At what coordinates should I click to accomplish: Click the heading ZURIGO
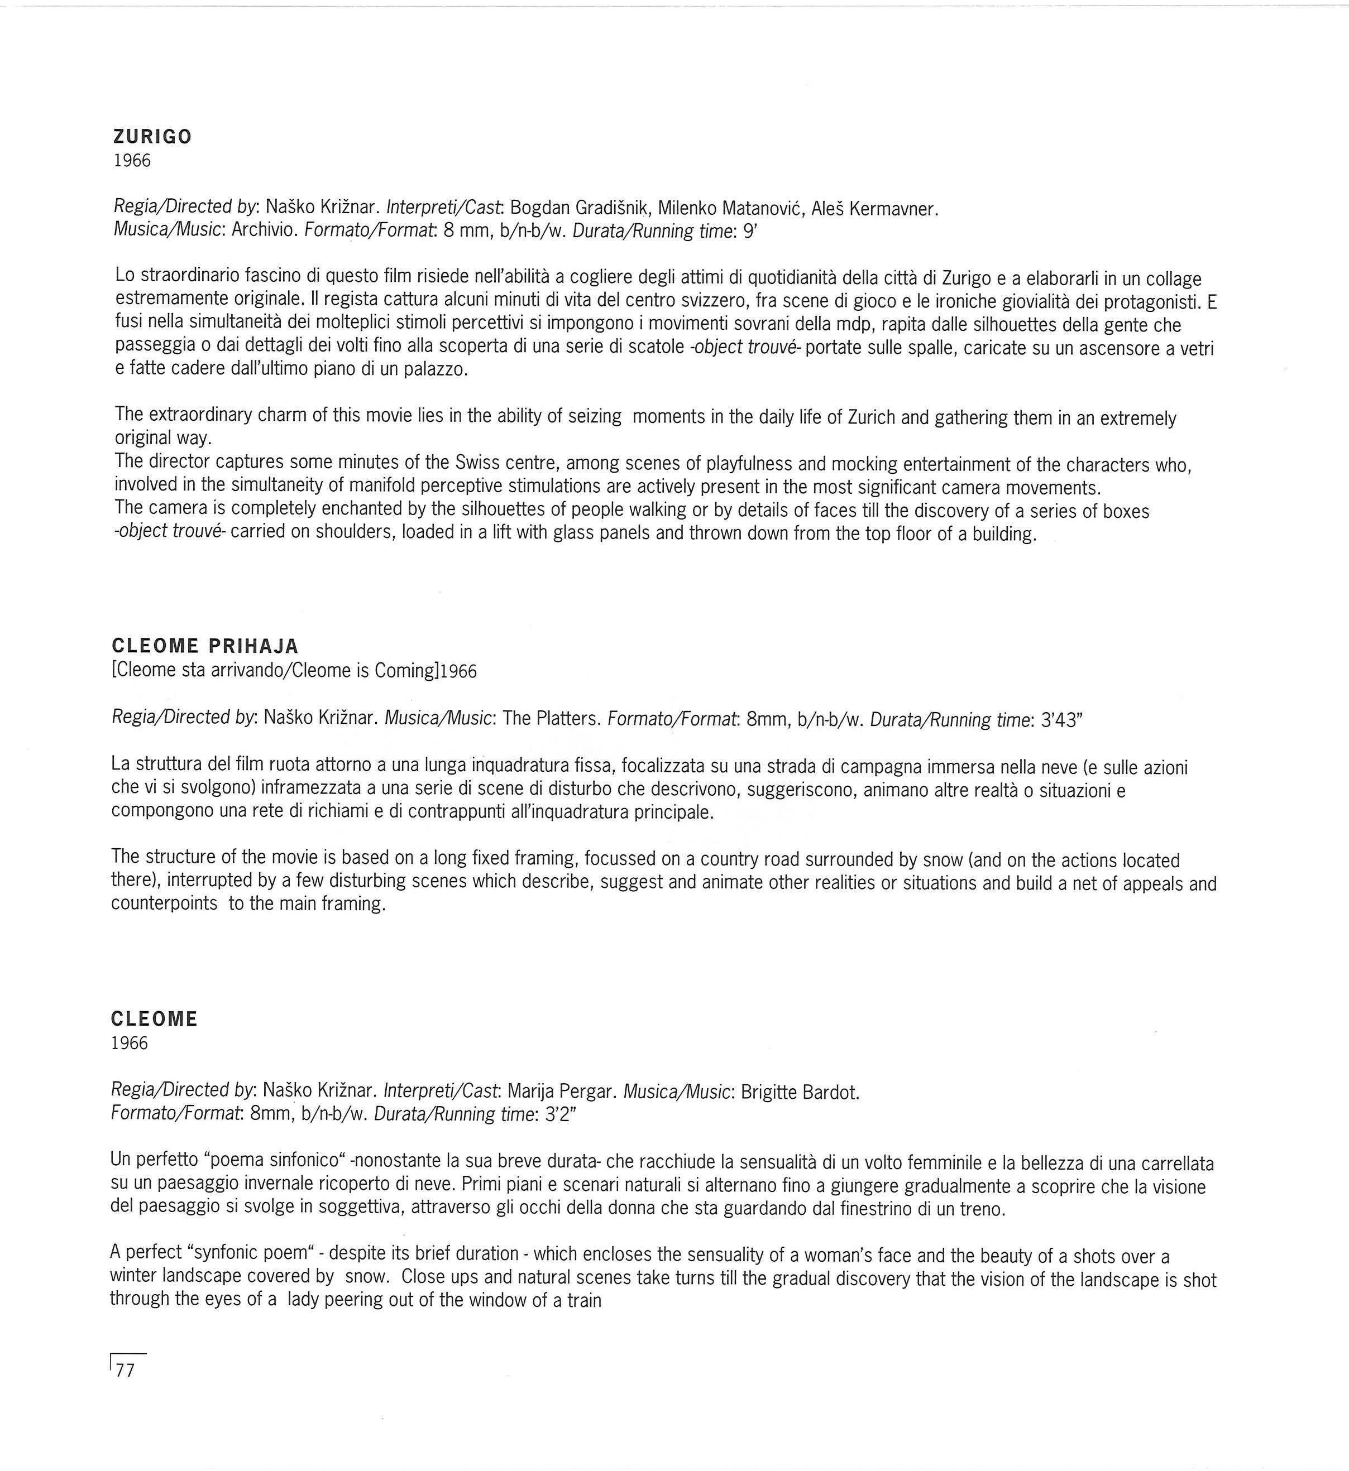(x=152, y=137)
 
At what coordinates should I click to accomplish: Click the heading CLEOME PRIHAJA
(x=205, y=646)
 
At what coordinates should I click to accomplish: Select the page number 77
(x=126, y=1371)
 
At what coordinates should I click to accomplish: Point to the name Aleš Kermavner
(x=874, y=209)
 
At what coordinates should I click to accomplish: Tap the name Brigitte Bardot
(x=800, y=1092)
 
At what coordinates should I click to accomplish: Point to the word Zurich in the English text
(x=871, y=417)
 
